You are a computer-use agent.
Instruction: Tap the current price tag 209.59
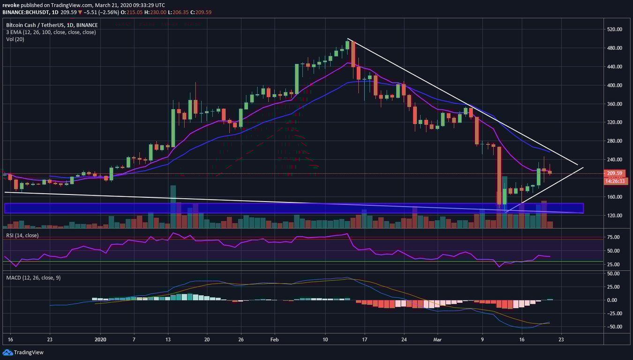click(612, 173)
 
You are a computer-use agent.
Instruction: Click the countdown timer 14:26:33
click(612, 180)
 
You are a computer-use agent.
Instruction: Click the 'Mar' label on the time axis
click(437, 338)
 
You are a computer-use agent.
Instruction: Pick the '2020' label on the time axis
click(101, 338)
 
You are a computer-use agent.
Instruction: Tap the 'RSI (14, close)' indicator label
click(23, 235)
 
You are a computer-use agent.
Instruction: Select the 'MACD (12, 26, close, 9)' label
click(33, 277)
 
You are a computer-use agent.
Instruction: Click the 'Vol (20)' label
click(15, 39)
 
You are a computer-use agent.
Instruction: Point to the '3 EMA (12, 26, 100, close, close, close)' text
click(51, 32)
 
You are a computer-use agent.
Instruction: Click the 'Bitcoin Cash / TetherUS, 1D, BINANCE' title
click(52, 25)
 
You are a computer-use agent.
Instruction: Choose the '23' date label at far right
click(561, 338)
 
